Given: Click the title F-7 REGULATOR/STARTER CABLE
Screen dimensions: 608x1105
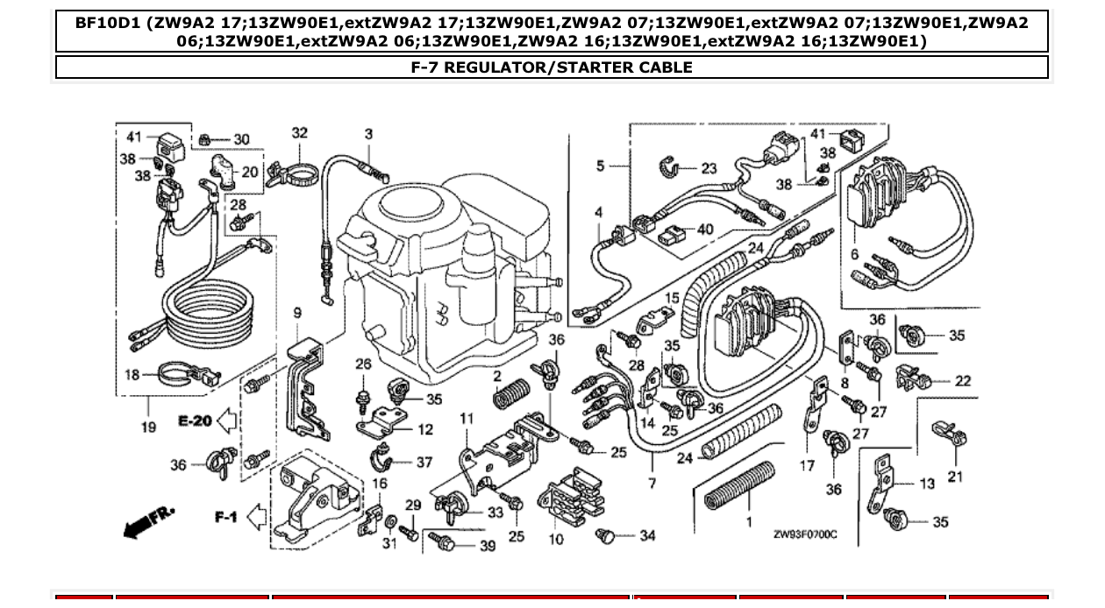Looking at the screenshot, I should point(552,67).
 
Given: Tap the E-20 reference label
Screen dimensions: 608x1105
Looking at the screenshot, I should point(194,421).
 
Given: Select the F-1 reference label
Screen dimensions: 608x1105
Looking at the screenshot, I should point(226,518).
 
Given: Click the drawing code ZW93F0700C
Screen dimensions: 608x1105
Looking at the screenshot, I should point(805,534).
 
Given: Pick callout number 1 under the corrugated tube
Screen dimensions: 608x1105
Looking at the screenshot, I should point(749,522).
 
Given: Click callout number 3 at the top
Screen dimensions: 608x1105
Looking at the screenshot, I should point(368,134).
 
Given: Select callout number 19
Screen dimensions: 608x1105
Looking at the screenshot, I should point(147,427).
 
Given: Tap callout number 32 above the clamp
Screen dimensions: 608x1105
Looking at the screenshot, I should point(300,133).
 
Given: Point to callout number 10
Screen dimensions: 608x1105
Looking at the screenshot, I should point(556,539).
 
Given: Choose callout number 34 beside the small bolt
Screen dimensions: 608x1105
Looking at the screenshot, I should point(647,535).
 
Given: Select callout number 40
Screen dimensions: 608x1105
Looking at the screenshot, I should point(704,230).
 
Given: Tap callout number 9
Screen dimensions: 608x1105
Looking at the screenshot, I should point(296,313).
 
